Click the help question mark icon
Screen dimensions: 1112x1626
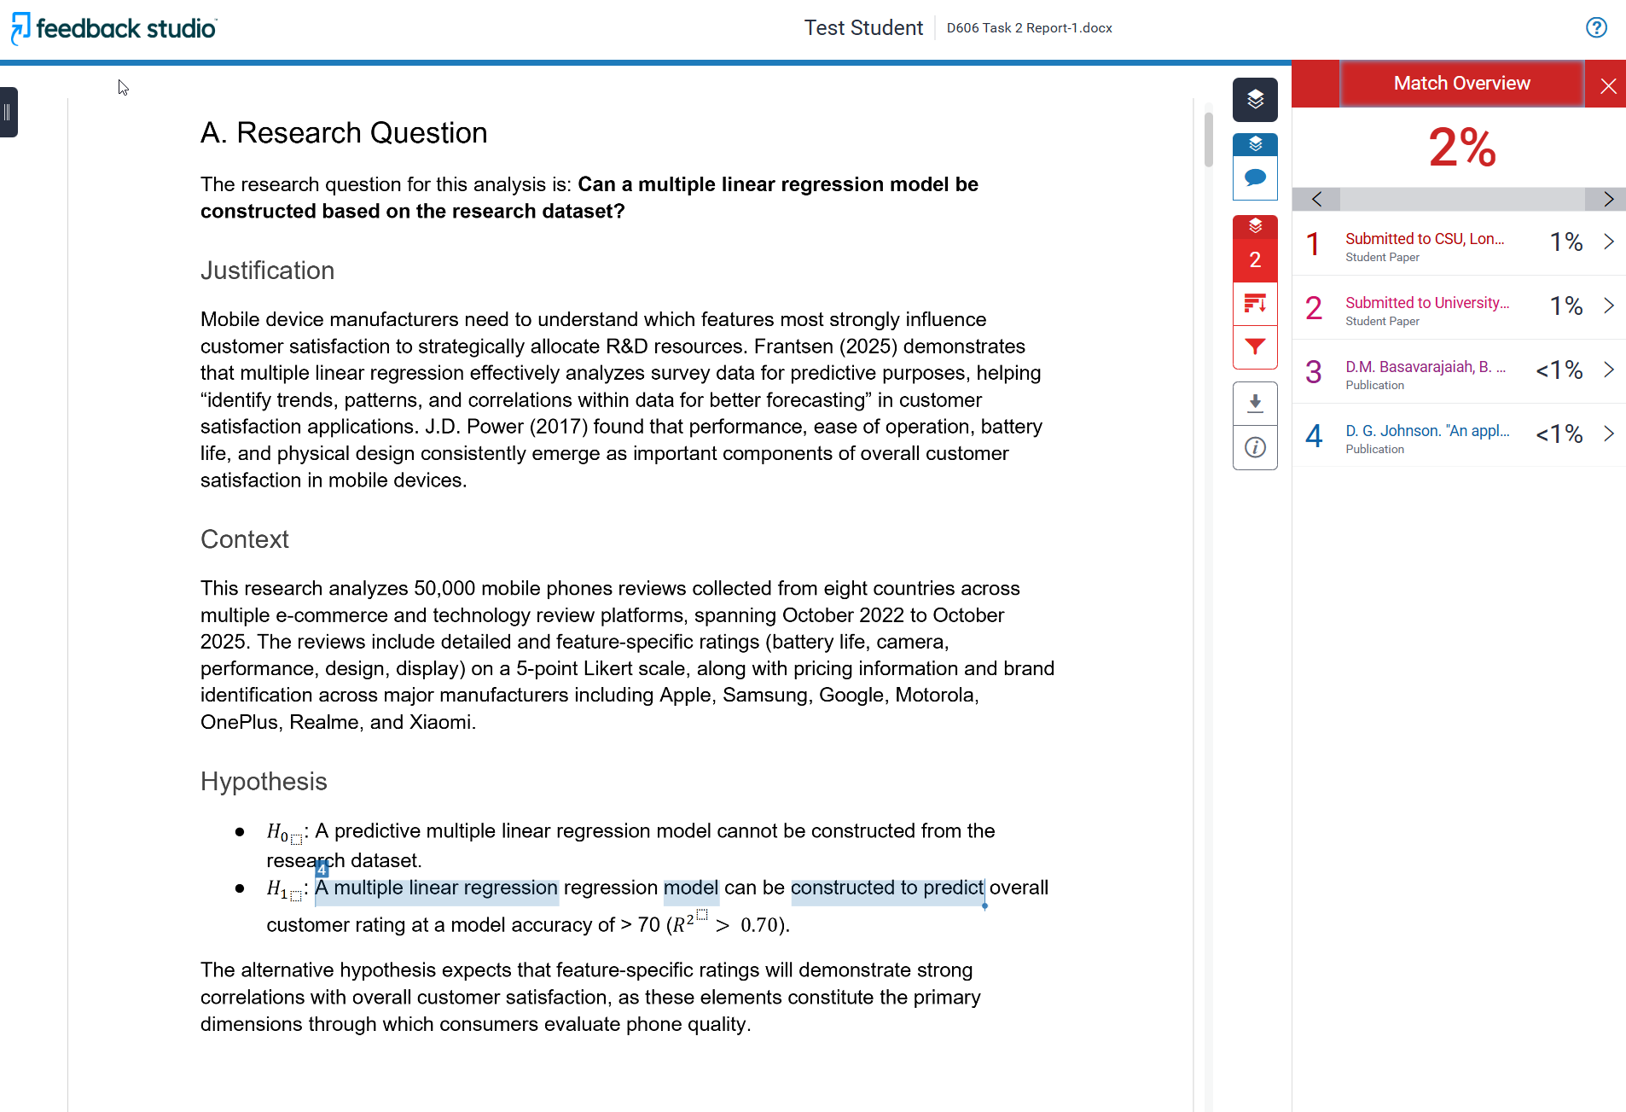(1596, 28)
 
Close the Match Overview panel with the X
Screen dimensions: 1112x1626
(1608, 85)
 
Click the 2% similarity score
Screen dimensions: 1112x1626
(1461, 148)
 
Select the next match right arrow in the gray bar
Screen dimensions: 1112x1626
(1607, 200)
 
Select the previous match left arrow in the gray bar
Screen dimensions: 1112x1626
(1316, 200)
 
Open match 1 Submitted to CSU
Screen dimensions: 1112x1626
(1425, 240)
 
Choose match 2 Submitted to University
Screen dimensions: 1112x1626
(1426, 304)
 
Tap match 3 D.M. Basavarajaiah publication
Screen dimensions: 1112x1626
(1425, 368)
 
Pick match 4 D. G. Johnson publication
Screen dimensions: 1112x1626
(1426, 432)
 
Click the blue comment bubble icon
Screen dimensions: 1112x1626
(1255, 178)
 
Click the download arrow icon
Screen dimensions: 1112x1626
(1255, 403)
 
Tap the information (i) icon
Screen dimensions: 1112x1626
(1255, 447)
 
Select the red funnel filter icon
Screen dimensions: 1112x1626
(1255, 346)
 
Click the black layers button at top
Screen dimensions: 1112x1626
(1255, 100)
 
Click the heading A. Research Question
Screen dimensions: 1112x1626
(344, 133)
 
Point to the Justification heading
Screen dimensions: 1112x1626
(267, 271)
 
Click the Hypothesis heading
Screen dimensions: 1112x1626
(264, 782)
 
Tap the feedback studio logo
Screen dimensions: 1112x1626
(114, 28)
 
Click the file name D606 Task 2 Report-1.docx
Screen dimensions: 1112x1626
(1029, 28)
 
